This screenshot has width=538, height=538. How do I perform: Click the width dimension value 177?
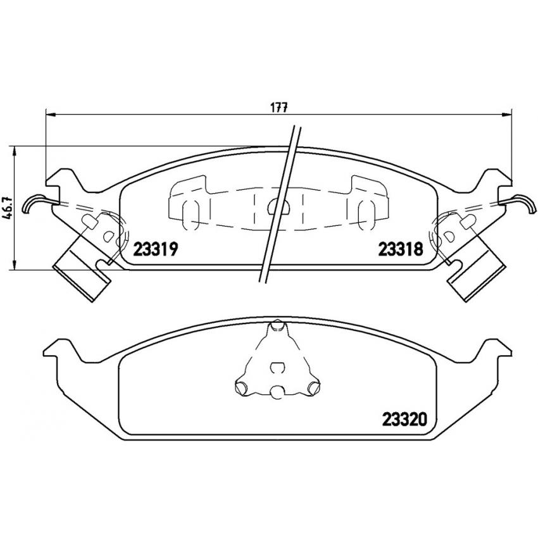pyautogui.click(x=278, y=108)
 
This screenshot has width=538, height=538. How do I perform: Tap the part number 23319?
pyautogui.click(x=156, y=249)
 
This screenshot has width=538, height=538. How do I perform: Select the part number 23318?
pyautogui.click(x=401, y=249)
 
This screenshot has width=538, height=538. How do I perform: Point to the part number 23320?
pyautogui.click(x=404, y=419)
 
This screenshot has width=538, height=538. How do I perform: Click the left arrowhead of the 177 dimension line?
pyautogui.click(x=51, y=115)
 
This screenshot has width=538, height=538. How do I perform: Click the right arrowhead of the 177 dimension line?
pyautogui.click(x=506, y=115)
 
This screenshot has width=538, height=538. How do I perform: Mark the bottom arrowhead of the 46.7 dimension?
pyautogui.click(x=14, y=265)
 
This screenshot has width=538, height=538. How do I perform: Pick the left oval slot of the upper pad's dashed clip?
pyautogui.click(x=191, y=215)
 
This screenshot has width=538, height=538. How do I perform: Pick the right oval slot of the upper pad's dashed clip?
pyautogui.click(x=366, y=215)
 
